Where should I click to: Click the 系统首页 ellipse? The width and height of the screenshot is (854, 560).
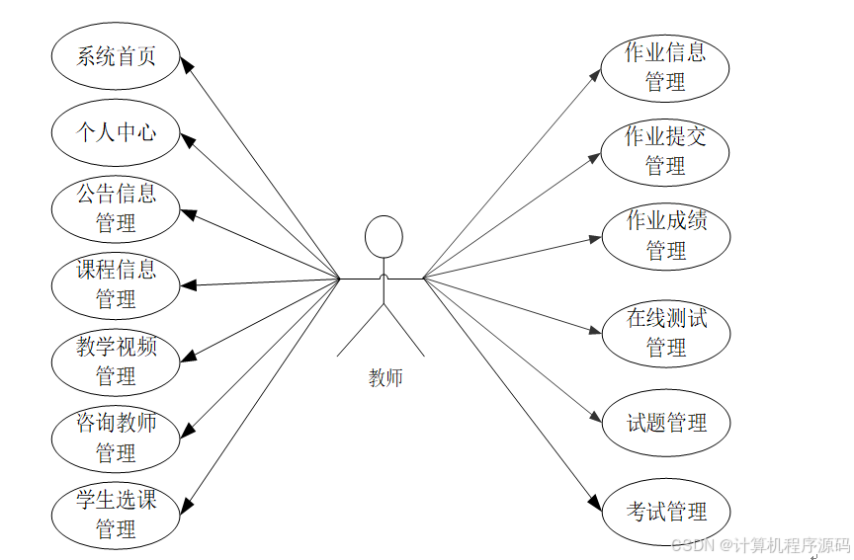pyautogui.click(x=117, y=55)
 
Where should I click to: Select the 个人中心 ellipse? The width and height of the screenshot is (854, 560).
pyautogui.click(x=117, y=131)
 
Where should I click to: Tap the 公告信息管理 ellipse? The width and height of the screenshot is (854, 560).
pyautogui.click(x=117, y=208)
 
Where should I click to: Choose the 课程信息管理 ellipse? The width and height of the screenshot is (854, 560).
pyautogui.click(x=117, y=283)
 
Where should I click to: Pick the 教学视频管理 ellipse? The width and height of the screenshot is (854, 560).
pyautogui.click(x=117, y=360)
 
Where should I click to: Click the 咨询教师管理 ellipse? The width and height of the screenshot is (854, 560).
pyautogui.click(x=117, y=438)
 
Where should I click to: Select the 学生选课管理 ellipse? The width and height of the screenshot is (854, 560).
pyautogui.click(x=117, y=514)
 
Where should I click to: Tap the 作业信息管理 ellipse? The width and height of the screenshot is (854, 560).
pyautogui.click(x=665, y=67)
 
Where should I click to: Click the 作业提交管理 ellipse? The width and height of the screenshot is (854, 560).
pyautogui.click(x=665, y=151)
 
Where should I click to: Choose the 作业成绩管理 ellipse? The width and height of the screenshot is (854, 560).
pyautogui.click(x=666, y=236)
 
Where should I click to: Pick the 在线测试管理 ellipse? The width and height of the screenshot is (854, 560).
pyautogui.click(x=666, y=333)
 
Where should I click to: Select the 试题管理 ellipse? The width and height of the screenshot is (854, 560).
pyautogui.click(x=666, y=423)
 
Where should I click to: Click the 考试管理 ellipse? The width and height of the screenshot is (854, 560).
pyautogui.click(x=666, y=512)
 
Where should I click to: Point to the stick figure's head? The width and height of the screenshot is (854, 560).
pyautogui.click(x=384, y=236)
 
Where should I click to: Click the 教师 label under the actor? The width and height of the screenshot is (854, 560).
pyautogui.click(x=384, y=377)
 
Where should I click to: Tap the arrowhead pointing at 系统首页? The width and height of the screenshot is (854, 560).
pyautogui.click(x=188, y=63)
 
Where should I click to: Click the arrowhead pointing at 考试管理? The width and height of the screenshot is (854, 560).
pyautogui.click(x=595, y=504)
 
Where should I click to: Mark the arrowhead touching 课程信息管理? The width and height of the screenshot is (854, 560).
pyautogui.click(x=188, y=285)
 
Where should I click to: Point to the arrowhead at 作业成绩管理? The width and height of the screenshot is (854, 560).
pyautogui.click(x=596, y=237)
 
